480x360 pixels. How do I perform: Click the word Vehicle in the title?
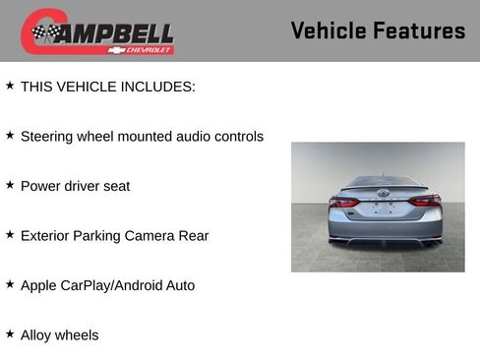(x=328, y=31)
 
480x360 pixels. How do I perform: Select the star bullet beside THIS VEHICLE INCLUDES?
(x=10, y=86)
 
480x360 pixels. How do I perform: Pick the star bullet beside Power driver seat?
(x=10, y=185)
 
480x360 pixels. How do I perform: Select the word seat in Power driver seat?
(x=115, y=186)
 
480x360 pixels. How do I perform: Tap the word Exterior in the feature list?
(x=47, y=236)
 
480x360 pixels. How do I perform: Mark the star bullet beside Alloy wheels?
(x=10, y=334)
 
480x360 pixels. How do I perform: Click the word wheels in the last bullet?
(x=77, y=335)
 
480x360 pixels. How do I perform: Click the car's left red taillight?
(x=343, y=201)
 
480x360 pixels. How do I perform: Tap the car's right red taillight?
(x=425, y=201)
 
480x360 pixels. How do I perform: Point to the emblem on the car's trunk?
(x=383, y=193)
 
